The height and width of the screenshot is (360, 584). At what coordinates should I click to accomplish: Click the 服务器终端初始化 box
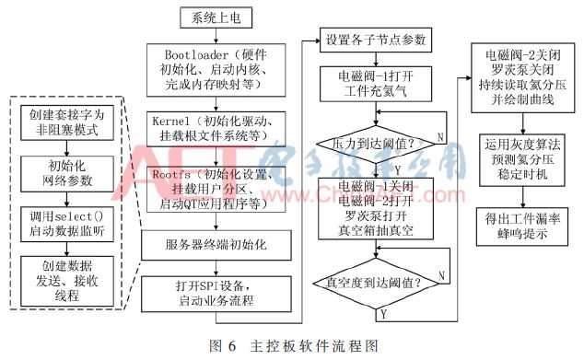pos(214,246)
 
